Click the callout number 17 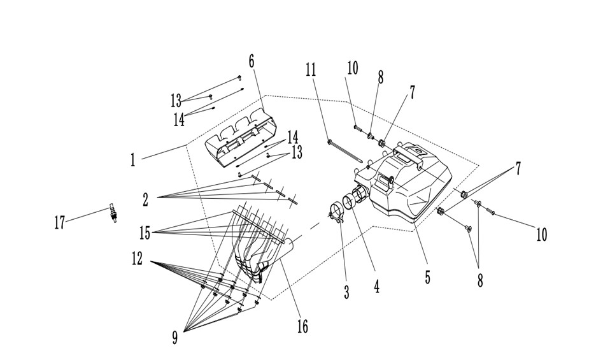click(x=60, y=222)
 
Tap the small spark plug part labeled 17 click(x=113, y=213)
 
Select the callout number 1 click(x=132, y=160)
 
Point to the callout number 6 click(x=252, y=61)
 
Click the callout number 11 click(x=311, y=69)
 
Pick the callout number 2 click(x=146, y=199)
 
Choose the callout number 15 click(x=145, y=233)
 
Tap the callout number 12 click(x=137, y=259)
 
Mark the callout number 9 click(x=175, y=337)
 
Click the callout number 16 click(x=302, y=326)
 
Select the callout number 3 click(x=346, y=292)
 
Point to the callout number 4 click(x=376, y=286)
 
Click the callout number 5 click(x=428, y=277)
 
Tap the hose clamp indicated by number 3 click(x=336, y=213)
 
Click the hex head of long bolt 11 click(x=330, y=142)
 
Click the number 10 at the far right click(x=542, y=234)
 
